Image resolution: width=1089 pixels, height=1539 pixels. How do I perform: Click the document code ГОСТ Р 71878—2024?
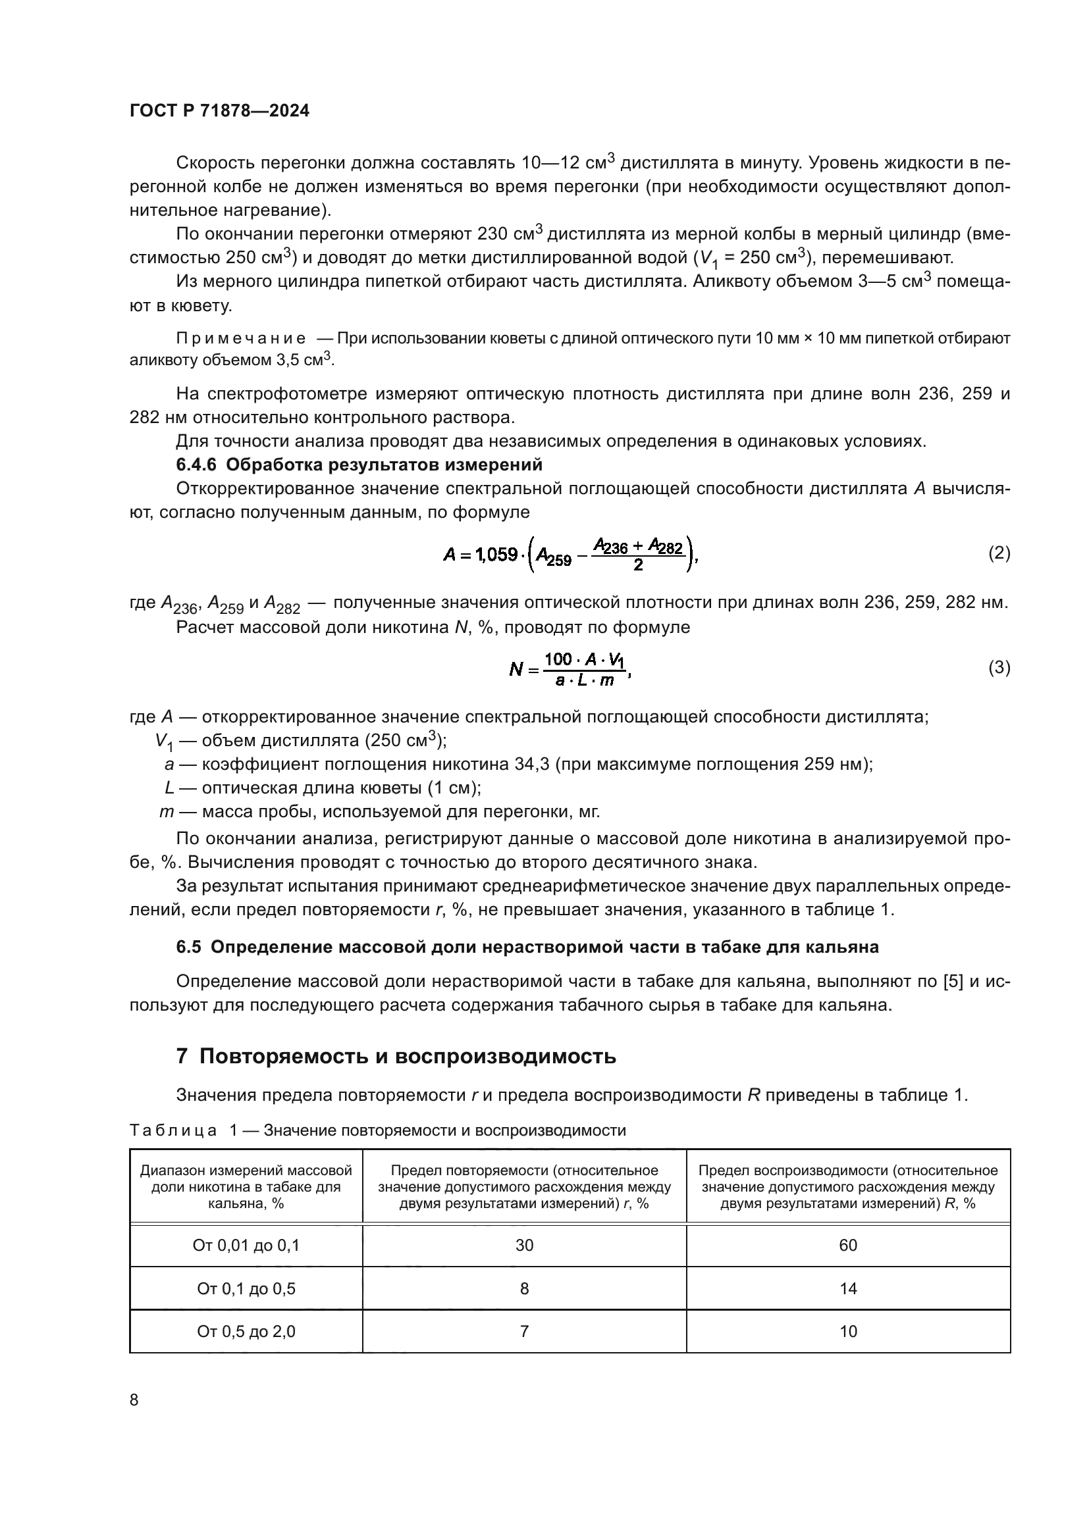[x=219, y=111]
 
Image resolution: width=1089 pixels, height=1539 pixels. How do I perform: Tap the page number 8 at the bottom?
[x=134, y=1400]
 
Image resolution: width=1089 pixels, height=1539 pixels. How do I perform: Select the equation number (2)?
[x=999, y=553]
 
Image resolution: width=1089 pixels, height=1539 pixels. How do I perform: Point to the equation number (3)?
[x=999, y=667]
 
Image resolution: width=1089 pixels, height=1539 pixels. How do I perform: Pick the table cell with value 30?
[x=524, y=1246]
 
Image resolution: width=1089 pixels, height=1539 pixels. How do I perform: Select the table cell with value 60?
[x=848, y=1246]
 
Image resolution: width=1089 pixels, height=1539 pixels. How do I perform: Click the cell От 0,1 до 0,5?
[x=246, y=1288]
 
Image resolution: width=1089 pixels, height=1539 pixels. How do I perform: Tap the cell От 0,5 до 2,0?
[x=246, y=1331]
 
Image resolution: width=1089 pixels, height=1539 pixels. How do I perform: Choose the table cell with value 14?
[x=848, y=1288]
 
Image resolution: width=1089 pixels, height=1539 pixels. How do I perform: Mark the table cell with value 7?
[x=524, y=1331]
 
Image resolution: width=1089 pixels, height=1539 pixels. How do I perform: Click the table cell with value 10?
[x=848, y=1331]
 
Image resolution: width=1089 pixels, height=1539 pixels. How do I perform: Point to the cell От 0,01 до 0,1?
[x=246, y=1246]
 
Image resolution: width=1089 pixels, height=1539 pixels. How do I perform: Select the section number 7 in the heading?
[x=182, y=1057]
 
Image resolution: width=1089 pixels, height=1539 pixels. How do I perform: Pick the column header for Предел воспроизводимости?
[x=848, y=1186]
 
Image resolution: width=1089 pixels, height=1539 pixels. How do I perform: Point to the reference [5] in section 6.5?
[x=953, y=981]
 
